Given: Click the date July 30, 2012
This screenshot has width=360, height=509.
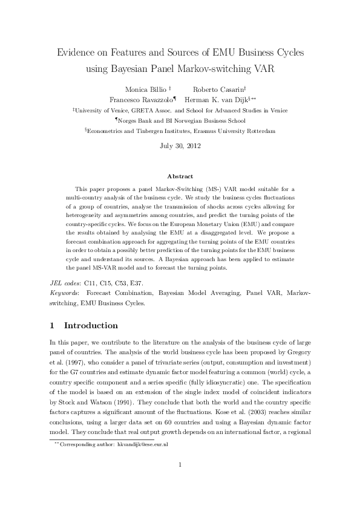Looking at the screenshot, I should [180, 146].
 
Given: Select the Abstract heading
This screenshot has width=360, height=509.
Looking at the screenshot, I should [180, 177].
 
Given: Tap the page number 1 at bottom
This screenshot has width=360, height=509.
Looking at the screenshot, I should [180, 481].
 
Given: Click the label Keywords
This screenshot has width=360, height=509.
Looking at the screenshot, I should [65, 293].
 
